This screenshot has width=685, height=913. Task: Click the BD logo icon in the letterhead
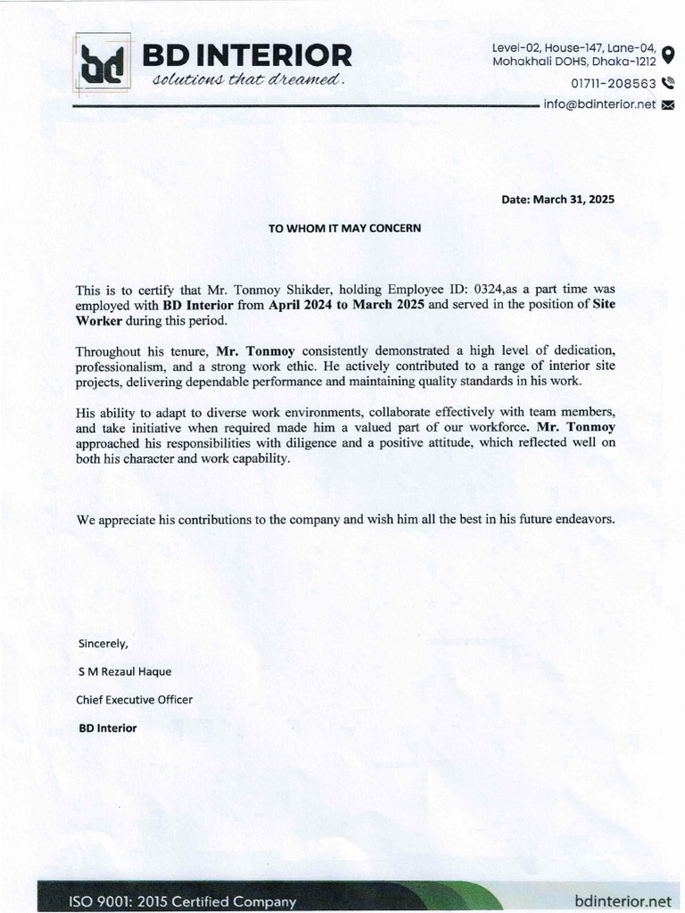coord(102,63)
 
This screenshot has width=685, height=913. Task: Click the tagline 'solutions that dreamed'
coord(247,80)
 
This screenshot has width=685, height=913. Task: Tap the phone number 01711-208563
coord(614,84)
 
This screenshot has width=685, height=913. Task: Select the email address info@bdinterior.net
coord(599,104)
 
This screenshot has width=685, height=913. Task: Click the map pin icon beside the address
coord(668,54)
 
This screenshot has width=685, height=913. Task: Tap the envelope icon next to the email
coord(668,105)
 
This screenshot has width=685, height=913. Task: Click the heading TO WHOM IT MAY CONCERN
coord(344,228)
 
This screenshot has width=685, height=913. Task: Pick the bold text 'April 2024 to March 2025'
coord(346,305)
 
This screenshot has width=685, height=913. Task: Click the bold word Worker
coord(99,320)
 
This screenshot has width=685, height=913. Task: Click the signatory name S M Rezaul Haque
coord(125,670)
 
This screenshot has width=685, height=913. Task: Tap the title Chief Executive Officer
coord(135,699)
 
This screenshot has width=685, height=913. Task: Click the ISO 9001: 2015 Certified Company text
coord(182,901)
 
